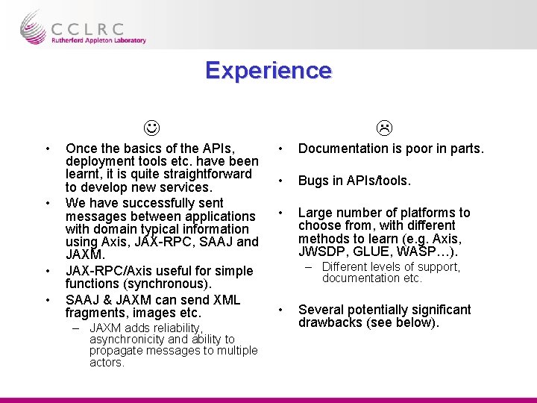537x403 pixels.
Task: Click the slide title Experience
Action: [268, 70]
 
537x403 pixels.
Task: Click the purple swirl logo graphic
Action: [33, 27]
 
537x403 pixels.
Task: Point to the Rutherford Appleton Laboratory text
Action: [98, 41]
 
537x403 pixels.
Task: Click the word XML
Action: [227, 300]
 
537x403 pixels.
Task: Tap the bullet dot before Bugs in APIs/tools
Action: [280, 181]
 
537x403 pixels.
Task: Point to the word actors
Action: [107, 363]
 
